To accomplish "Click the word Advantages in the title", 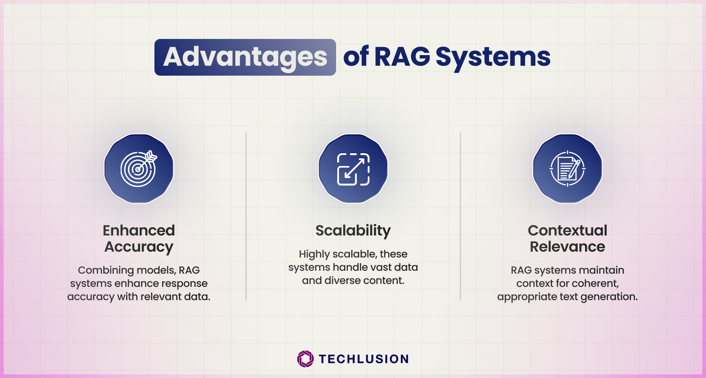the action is pos(245,58).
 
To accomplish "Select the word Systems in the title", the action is pos(493,58).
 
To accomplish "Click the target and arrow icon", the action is pos(139,169).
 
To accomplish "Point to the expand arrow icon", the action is pos(353,169).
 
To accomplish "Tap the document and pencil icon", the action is pos(567,169).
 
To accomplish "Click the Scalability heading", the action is pos(353,231).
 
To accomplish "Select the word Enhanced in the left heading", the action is pos(139,230).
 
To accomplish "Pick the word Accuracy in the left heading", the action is pos(139,247).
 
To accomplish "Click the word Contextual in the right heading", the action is pos(567,230).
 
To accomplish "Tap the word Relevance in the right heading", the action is pos(567,246).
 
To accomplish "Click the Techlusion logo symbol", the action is pos(305,359).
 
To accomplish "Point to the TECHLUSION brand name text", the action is pos(364,359).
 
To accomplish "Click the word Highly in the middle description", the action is pos(314,254).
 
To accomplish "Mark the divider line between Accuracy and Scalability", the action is pos(246,216).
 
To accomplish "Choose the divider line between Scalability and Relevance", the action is pos(460,216).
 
